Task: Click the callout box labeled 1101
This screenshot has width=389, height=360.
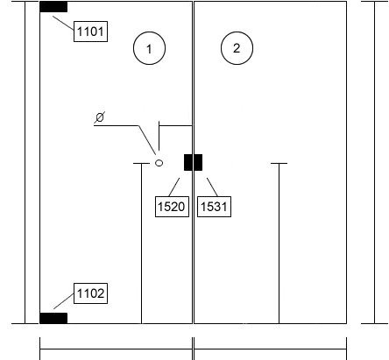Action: pyautogui.click(x=90, y=32)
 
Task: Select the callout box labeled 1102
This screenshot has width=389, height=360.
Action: pyautogui.click(x=90, y=293)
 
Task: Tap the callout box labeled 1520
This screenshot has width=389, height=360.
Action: pyautogui.click(x=172, y=207)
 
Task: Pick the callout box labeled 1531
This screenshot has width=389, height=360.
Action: pyautogui.click(x=215, y=207)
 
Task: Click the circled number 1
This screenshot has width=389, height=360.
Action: pyautogui.click(x=149, y=48)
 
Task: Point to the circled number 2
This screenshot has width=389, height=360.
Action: pyautogui.click(x=237, y=48)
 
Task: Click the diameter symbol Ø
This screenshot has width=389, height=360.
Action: pyautogui.click(x=100, y=117)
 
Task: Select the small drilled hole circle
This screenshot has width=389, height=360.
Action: pyautogui.click(x=159, y=163)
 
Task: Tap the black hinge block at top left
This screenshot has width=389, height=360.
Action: pyautogui.click(x=53, y=7)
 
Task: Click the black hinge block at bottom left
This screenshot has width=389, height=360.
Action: pyautogui.click(x=53, y=318)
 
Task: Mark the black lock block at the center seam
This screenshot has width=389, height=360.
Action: pyautogui.click(x=193, y=162)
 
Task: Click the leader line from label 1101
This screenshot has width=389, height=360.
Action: pyautogui.click(x=63, y=23)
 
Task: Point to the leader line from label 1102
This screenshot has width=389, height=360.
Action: pyautogui.click(x=64, y=301)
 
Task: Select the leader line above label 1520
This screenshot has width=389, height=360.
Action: pyautogui.click(x=174, y=187)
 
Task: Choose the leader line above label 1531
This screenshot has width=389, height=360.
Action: pyautogui.click(x=212, y=187)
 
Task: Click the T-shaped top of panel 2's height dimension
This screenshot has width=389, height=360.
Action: pyautogui.click(x=279, y=164)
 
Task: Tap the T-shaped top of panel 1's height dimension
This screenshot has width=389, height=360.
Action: pyautogui.click(x=141, y=164)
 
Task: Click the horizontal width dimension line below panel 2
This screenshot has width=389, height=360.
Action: pyautogui.click(x=271, y=349)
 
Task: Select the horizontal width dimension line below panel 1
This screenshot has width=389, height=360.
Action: pyautogui.click(x=116, y=349)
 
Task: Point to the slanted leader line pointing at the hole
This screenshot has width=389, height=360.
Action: pyautogui.click(x=147, y=140)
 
